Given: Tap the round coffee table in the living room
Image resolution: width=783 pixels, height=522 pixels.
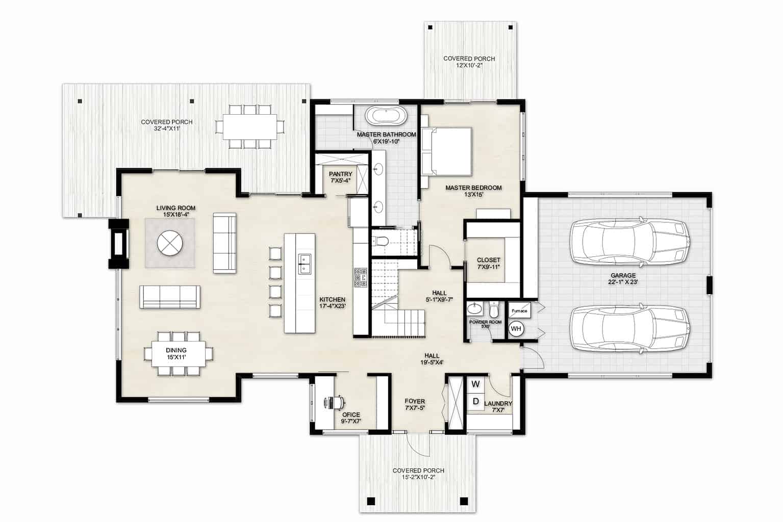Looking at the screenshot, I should coord(170,243).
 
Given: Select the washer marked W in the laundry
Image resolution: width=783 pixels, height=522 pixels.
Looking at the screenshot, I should coord(475,383).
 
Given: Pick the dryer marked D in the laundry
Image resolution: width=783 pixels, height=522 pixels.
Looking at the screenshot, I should coord(475,402).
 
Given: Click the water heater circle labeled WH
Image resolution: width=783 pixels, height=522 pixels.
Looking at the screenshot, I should coord(516,329).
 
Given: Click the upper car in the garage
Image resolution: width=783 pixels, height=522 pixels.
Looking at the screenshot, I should coord(630,242).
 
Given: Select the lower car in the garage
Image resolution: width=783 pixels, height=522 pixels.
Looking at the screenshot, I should coord(630,328).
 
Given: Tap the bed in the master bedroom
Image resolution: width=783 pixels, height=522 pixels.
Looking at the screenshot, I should coord(446,151).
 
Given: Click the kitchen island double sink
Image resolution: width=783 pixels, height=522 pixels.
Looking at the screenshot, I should coord(305,263).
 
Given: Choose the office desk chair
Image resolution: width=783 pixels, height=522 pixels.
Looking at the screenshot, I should coord(334,402).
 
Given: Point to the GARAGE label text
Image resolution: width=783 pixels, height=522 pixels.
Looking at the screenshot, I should coord(623,275).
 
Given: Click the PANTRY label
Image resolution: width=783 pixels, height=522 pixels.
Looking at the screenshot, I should coord(340,174).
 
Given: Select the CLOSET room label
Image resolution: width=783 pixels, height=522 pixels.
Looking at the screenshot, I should coord(488,260).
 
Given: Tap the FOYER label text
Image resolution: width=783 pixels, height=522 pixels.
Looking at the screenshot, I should coord(414,401).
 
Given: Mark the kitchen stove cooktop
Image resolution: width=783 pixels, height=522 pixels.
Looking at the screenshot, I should coord(361,278).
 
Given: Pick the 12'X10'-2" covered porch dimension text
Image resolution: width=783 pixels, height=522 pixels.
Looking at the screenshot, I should coord(469,66).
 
